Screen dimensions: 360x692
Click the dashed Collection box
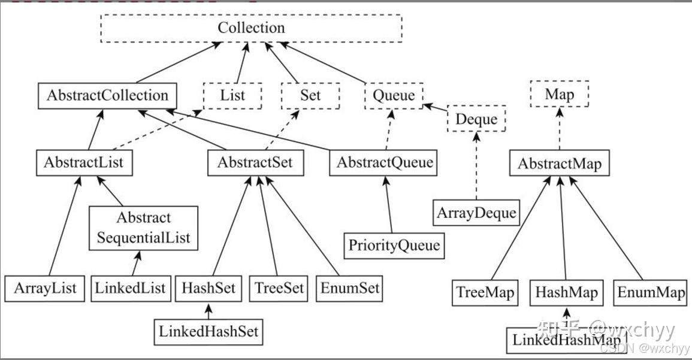coord(251,28)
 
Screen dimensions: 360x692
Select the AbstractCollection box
coord(107,96)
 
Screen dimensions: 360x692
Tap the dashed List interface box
coord(232,95)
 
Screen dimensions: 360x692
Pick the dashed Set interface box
coord(310,95)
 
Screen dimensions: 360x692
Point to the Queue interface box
coord(394,95)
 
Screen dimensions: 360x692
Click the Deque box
coord(476,119)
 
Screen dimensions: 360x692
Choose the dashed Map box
coord(559,95)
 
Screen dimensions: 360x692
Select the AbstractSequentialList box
coord(143,228)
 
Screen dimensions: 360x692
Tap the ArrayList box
coord(45,289)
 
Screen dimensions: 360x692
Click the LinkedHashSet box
coord(208,331)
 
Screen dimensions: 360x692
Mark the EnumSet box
coord(349,289)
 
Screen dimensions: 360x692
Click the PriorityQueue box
coord(394,246)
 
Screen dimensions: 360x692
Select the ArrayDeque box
coord(476,213)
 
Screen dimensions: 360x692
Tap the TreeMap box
coord(485,293)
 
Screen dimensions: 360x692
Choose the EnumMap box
coord(651,293)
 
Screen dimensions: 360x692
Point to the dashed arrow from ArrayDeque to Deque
coord(476,167)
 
